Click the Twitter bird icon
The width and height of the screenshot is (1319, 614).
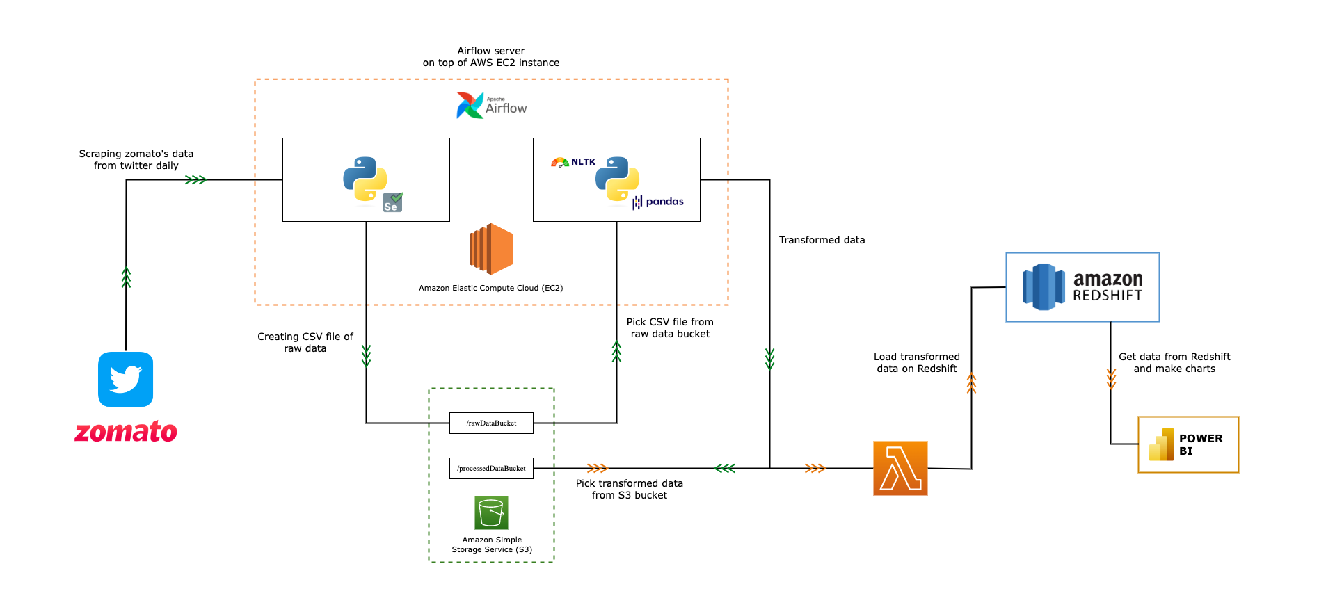(125, 379)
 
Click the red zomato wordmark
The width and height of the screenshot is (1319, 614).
(126, 432)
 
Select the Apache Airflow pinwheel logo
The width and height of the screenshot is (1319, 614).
(470, 106)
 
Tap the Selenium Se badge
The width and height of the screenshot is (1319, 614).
(392, 202)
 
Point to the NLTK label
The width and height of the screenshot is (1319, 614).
(582, 162)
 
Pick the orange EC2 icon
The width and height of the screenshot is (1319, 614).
(491, 249)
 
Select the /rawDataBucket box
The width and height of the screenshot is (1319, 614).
(491, 423)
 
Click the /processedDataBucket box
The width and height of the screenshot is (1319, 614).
(491, 468)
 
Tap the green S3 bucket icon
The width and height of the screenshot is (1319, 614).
(491, 512)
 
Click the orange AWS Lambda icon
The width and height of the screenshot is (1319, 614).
(900, 468)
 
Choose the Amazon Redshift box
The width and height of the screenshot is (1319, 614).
(1082, 287)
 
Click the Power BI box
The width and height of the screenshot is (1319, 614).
(1188, 445)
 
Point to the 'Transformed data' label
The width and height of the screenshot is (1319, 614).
(822, 240)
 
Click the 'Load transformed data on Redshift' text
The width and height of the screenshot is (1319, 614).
(916, 362)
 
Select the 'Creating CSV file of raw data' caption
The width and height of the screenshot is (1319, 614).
(305, 342)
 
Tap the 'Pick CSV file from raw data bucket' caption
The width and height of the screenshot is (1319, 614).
(670, 328)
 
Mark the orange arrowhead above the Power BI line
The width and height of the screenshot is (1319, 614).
(1111, 378)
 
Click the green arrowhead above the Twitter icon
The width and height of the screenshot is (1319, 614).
(126, 277)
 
